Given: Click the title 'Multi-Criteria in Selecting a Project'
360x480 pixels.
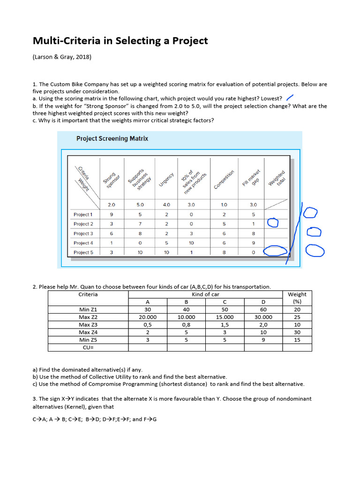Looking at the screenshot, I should pyautogui.click(x=120, y=41).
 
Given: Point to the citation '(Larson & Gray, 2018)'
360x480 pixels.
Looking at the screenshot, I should pyautogui.click(x=62, y=57).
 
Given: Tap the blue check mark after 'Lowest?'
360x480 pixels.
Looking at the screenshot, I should pyautogui.click(x=290, y=97).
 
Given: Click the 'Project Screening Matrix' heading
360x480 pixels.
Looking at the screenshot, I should pyautogui.click(x=112, y=139).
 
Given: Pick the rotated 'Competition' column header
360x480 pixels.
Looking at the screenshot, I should pyautogui.click(x=224, y=180).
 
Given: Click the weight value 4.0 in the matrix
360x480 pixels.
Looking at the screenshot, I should pyautogui.click(x=166, y=205).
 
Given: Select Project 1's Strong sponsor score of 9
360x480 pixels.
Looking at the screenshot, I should pyautogui.click(x=112, y=214).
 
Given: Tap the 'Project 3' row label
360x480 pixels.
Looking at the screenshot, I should pyautogui.click(x=83, y=233).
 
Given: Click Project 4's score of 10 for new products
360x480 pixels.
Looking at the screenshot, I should pyautogui.click(x=191, y=243).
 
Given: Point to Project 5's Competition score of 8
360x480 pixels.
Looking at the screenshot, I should pyautogui.click(x=224, y=252).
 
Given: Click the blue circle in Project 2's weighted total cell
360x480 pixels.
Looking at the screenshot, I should pyautogui.click(x=272, y=223).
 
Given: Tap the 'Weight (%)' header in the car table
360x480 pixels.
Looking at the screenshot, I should pyautogui.click(x=297, y=298).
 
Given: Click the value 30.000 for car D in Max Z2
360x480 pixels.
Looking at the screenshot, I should pyautogui.click(x=263, y=317).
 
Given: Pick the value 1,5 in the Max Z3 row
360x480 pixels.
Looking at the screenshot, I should pyautogui.click(x=225, y=324).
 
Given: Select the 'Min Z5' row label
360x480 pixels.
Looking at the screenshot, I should pyautogui.click(x=88, y=340).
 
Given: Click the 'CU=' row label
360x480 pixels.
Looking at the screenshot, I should pyautogui.click(x=88, y=347).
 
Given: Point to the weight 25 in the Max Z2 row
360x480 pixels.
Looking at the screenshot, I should pyautogui.click(x=297, y=317).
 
